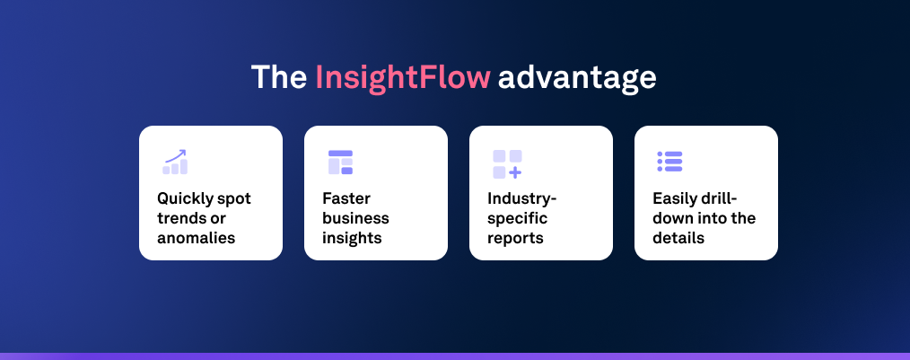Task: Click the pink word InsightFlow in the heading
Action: coord(403,77)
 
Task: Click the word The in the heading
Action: coord(279,77)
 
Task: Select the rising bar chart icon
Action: coord(175,162)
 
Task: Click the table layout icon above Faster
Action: coord(340,162)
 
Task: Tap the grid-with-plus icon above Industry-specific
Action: coord(506,163)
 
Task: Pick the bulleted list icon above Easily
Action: coord(669,162)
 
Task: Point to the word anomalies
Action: coord(196,238)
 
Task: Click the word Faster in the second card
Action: coord(346,198)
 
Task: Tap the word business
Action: coord(355,218)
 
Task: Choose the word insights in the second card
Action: coord(352,238)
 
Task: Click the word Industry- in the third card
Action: coord(522,198)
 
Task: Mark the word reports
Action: coord(515,238)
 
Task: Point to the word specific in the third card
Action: coord(517,218)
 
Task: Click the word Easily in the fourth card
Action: coord(677,198)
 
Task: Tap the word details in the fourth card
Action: coord(678,238)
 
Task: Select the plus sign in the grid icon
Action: coord(515,171)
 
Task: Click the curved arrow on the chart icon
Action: coord(175,154)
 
